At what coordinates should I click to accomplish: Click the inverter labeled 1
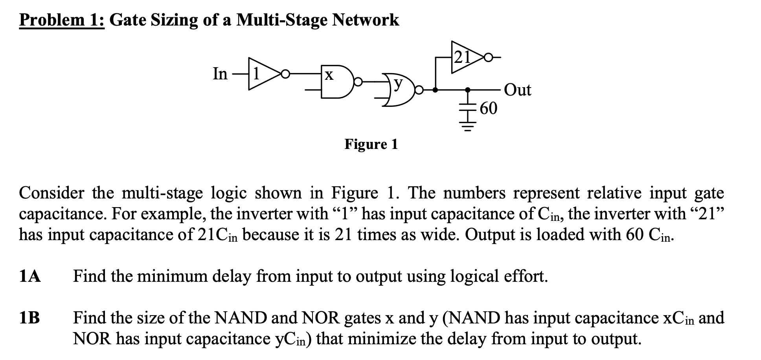coord(261,74)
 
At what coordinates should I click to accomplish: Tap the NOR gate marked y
coord(399,91)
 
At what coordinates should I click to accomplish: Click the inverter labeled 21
coord(465,57)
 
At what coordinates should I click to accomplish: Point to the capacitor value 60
coord(488,108)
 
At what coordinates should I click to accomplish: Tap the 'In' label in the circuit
coord(220,74)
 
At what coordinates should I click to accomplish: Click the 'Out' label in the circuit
coord(517,90)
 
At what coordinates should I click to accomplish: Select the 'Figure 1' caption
coord(371,144)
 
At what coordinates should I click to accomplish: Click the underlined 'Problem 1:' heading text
coord(62,20)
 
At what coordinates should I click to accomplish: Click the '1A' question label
coord(30,276)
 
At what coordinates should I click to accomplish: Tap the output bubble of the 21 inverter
coord(488,57)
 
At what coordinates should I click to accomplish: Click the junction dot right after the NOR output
coord(435,90)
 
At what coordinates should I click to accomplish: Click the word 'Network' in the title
coord(365,20)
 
